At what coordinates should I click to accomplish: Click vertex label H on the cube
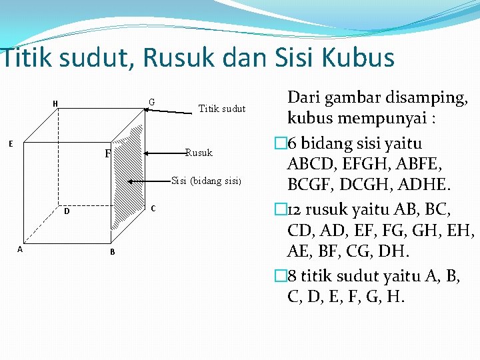[x=55, y=103]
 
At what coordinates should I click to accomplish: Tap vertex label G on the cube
[x=152, y=102]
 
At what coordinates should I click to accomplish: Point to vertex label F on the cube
[x=107, y=154]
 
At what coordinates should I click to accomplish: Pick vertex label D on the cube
[x=67, y=212]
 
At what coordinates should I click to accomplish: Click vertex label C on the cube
[x=153, y=208]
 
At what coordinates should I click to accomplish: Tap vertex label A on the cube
[x=19, y=249]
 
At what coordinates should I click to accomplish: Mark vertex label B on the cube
[x=112, y=251]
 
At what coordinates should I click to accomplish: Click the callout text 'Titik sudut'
[x=222, y=109]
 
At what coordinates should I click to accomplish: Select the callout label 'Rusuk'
[x=199, y=153]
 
